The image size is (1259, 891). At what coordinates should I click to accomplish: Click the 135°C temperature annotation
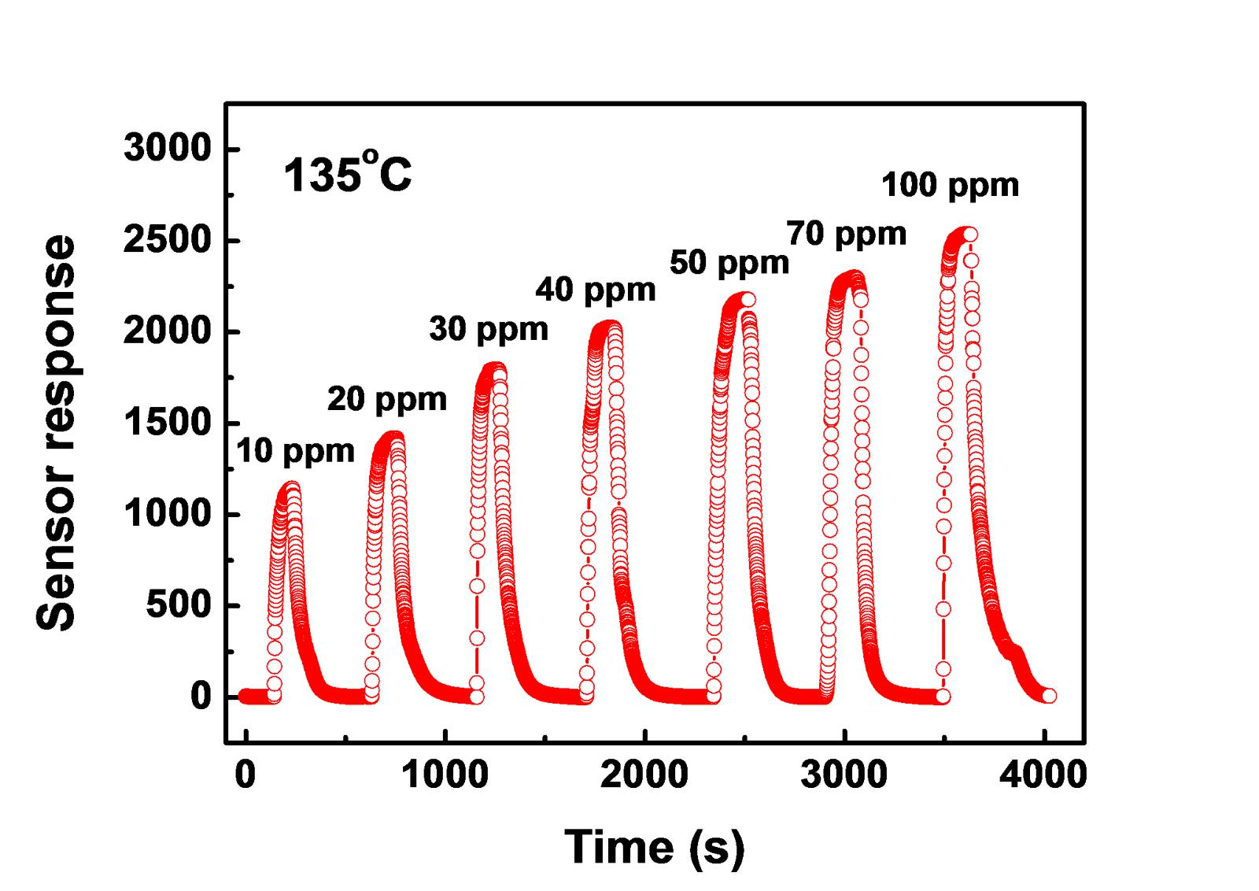click(x=347, y=175)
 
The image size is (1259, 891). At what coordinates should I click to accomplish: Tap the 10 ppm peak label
click(x=296, y=451)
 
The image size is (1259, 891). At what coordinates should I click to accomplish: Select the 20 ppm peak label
click(x=387, y=400)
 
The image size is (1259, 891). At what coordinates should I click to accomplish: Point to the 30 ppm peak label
click(x=489, y=328)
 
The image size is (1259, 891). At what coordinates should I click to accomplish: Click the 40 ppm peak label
click(x=596, y=290)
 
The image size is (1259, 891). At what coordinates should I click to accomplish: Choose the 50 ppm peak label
click(x=729, y=262)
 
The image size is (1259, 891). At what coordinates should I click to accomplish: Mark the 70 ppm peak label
click(x=847, y=233)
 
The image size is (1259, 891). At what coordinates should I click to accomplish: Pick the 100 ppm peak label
click(x=950, y=185)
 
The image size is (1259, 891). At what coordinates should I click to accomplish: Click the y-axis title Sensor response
click(x=57, y=433)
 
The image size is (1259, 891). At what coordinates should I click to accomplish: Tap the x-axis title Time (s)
click(x=655, y=847)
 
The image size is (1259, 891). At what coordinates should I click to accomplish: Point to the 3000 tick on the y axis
click(x=168, y=149)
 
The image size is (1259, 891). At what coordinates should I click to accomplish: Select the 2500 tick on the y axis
click(x=168, y=240)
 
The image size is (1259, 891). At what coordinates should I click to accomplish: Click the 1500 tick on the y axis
click(x=168, y=423)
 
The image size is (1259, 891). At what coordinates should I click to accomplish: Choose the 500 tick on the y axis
click(x=179, y=605)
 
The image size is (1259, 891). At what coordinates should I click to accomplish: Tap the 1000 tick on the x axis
click(x=445, y=775)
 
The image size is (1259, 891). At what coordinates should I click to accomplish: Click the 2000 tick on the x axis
click(x=645, y=775)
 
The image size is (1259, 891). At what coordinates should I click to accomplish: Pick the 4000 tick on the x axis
click(x=1043, y=775)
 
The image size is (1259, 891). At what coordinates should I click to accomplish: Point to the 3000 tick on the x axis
click(x=844, y=775)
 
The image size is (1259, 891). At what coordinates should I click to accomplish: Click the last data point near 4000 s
click(x=1048, y=696)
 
